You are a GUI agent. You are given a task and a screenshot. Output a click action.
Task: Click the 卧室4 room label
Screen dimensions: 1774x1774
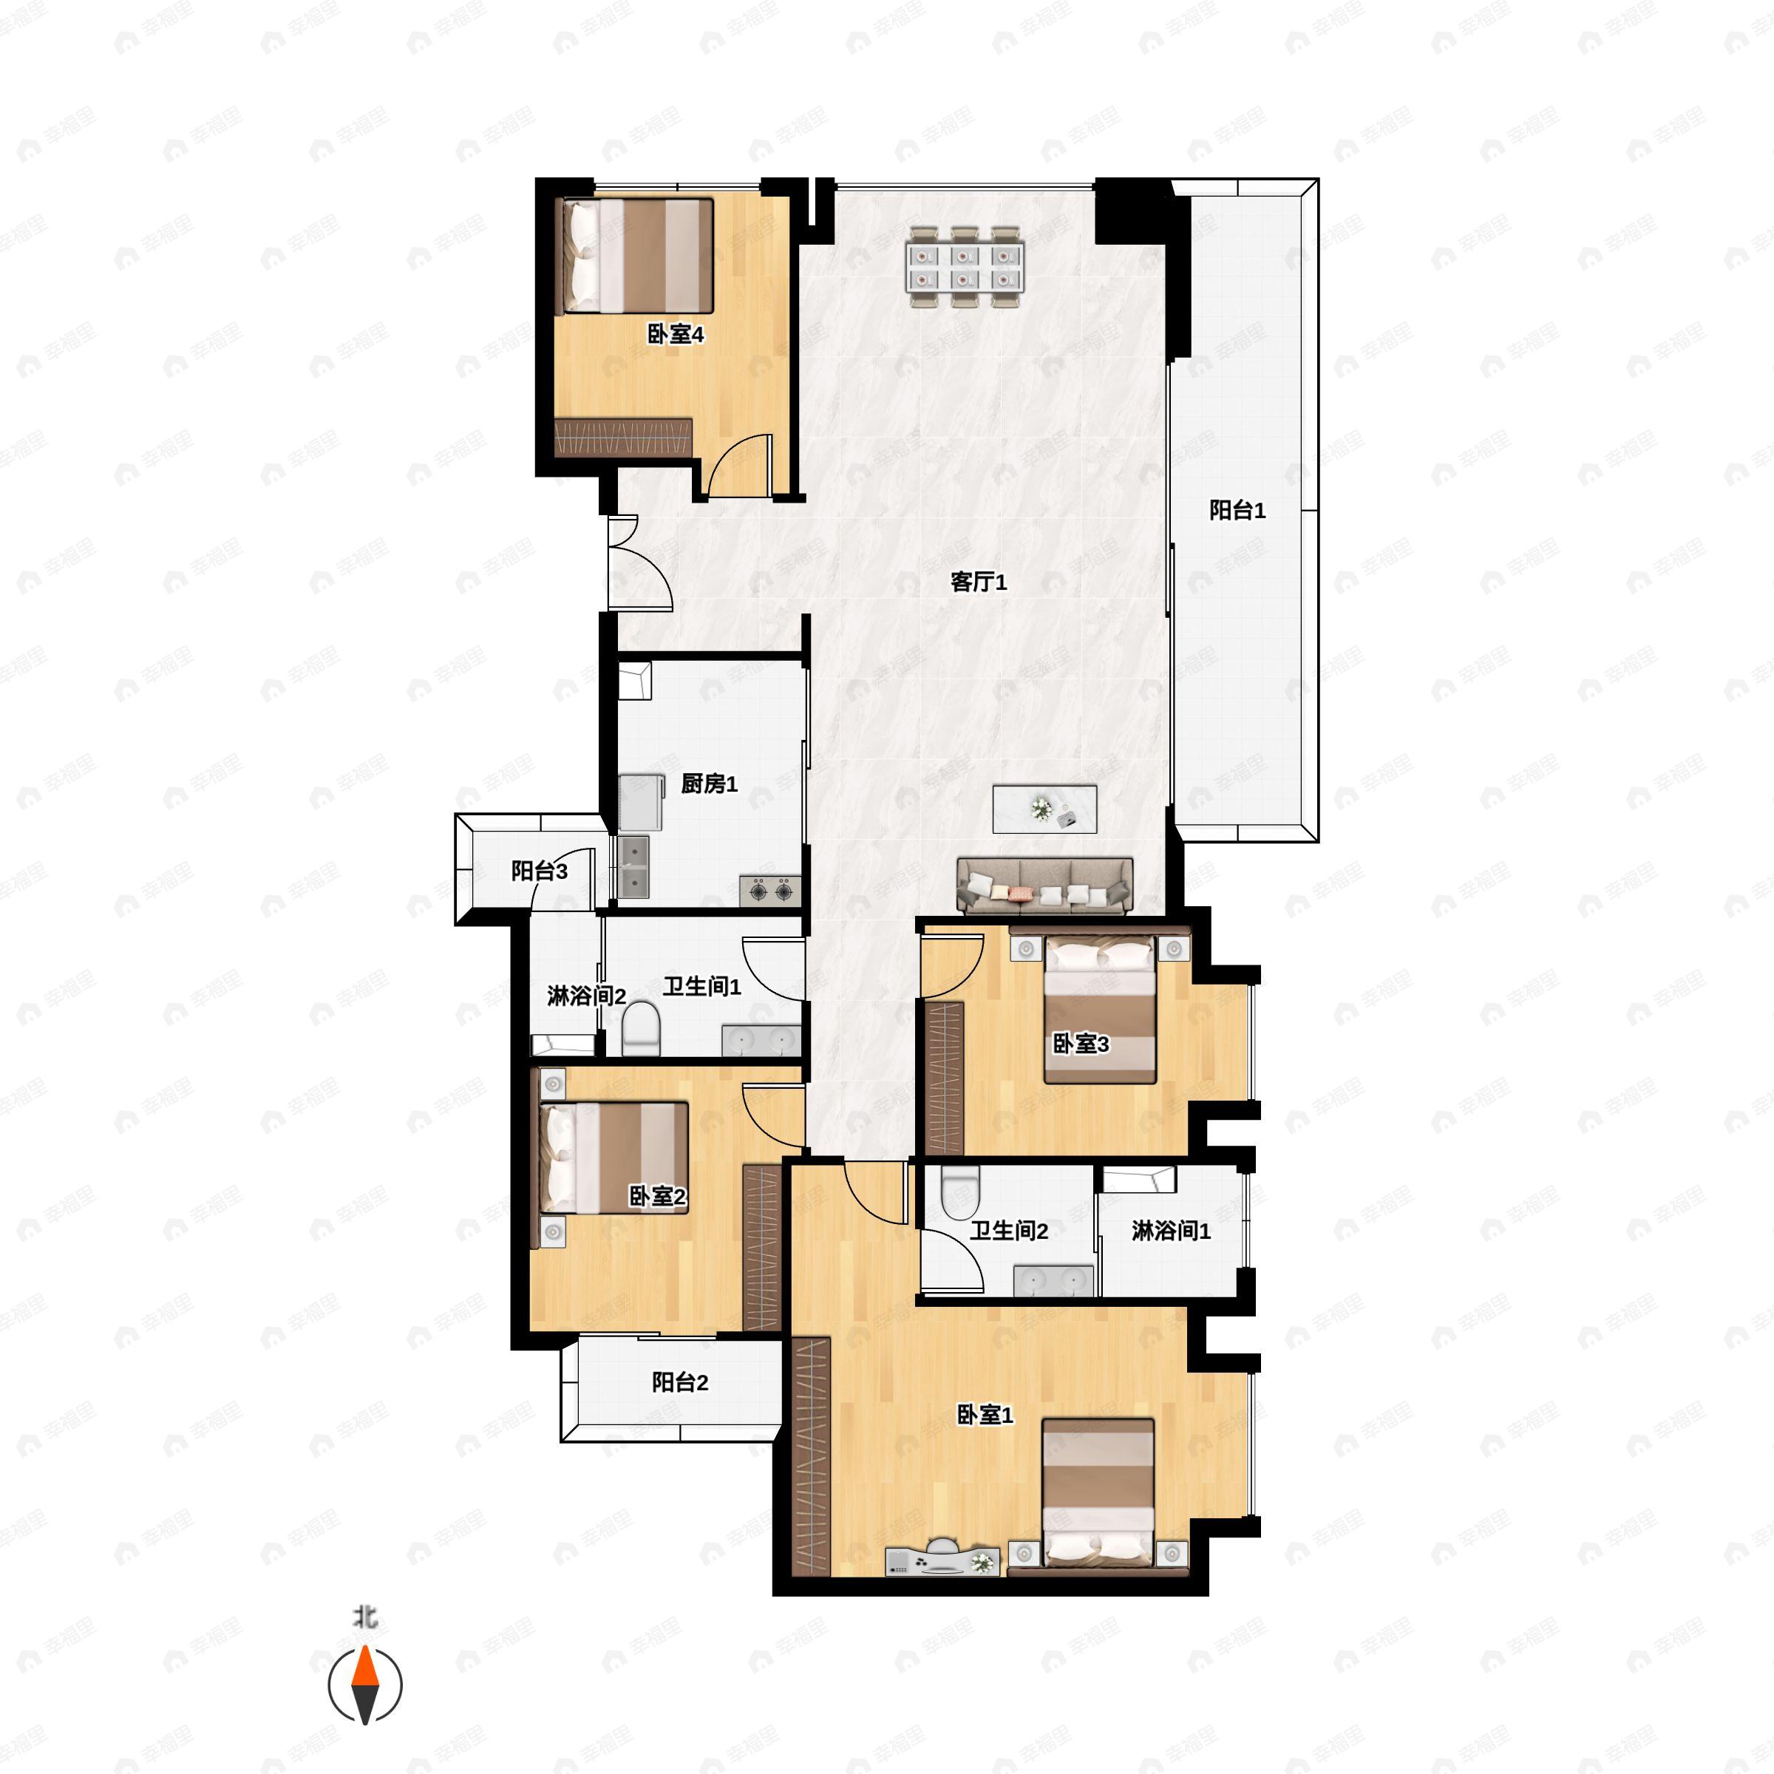676,334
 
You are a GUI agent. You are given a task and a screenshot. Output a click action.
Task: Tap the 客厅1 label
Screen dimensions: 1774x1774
979,582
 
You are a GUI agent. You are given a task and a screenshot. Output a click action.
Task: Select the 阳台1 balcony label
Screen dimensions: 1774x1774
1237,511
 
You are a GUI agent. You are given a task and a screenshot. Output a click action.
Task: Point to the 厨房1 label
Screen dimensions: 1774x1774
709,784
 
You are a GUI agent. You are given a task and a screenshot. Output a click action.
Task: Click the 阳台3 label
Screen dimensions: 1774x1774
539,871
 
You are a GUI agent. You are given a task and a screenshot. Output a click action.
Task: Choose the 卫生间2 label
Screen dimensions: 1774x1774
1009,1231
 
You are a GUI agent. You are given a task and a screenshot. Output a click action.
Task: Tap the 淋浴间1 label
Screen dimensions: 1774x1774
1171,1231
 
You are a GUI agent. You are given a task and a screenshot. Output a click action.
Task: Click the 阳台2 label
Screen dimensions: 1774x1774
679,1382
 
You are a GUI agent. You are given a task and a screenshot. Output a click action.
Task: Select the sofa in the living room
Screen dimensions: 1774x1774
1044,886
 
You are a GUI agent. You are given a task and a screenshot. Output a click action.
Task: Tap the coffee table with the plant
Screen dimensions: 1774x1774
1044,809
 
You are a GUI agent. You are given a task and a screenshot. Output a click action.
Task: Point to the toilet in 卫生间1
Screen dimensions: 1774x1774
641,1028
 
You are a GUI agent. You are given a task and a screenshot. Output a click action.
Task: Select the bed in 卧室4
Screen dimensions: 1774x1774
638,255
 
